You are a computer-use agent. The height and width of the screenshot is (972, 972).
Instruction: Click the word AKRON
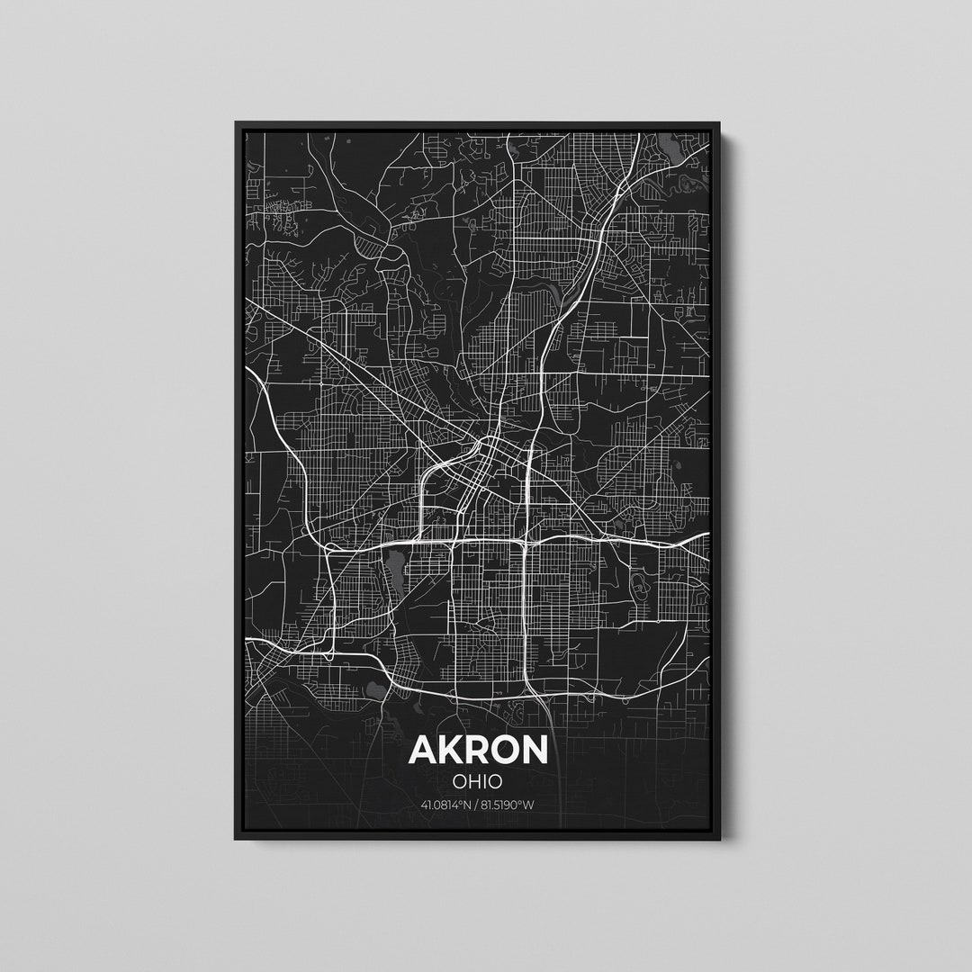click(478, 750)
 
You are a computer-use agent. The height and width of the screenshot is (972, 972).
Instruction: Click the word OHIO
click(478, 781)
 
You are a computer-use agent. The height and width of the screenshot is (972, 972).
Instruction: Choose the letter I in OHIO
click(484, 781)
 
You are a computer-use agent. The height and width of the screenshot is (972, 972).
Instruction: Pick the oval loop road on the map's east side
click(641, 586)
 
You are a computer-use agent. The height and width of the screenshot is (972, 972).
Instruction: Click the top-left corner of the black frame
click(237, 122)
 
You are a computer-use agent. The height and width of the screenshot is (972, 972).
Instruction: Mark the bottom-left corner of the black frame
click(237, 839)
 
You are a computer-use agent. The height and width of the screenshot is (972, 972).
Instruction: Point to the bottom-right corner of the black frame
click(719, 839)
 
